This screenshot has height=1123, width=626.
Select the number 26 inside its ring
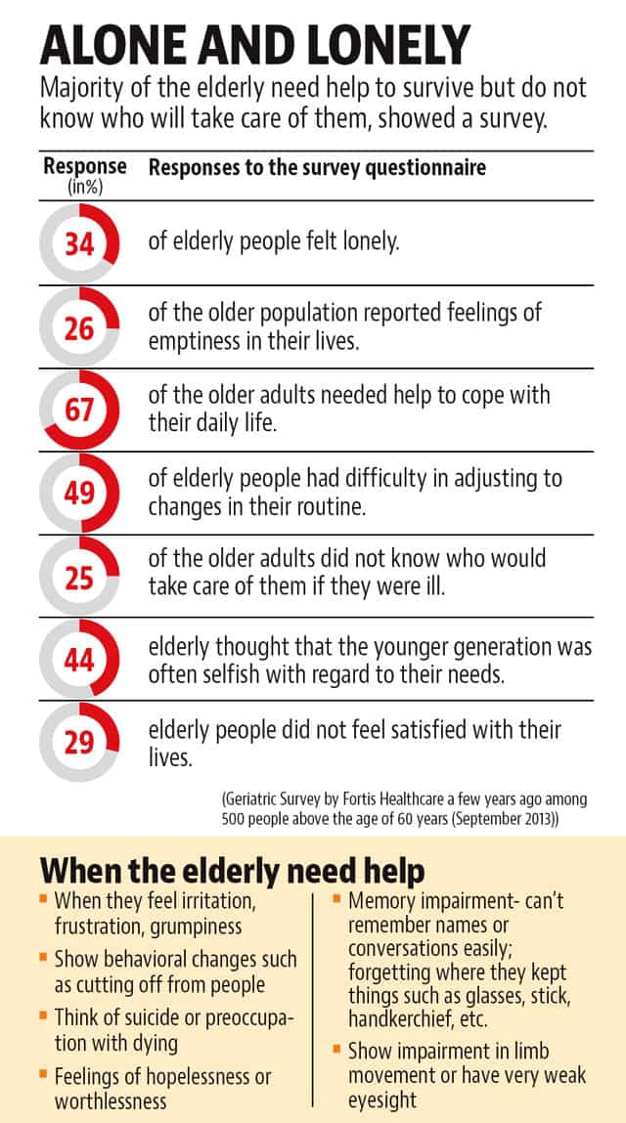79,329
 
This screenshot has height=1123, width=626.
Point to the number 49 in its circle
79,495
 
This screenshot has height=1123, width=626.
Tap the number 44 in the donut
79,661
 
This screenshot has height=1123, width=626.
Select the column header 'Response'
85,167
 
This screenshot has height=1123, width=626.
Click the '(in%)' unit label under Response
85,188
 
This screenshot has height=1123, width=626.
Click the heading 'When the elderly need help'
232,871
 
